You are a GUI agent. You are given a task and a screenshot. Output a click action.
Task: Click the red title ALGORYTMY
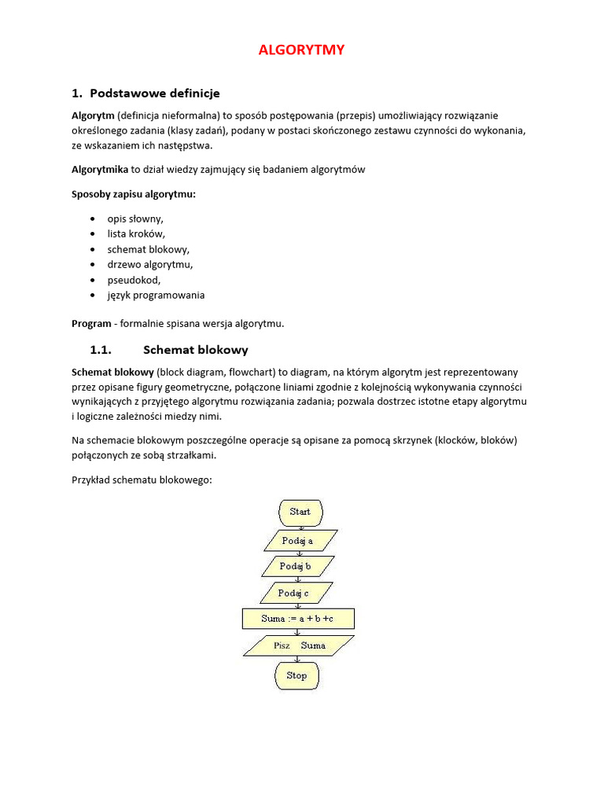[302, 50]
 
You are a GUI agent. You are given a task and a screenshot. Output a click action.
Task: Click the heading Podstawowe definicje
[155, 94]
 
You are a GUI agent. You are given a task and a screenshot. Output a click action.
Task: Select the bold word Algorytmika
[100, 169]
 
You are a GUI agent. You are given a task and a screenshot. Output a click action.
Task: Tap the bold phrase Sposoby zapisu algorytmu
[134, 194]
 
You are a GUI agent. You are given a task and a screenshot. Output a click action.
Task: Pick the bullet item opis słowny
[135, 219]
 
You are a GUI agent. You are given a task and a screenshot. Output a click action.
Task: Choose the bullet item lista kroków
[136, 234]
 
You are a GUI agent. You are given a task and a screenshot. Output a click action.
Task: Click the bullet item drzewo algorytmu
[149, 265]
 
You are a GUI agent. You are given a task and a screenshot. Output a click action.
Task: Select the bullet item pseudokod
[134, 280]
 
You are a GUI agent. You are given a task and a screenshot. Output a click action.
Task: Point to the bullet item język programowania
[156, 296]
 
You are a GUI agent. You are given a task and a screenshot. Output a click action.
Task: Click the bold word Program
[91, 323]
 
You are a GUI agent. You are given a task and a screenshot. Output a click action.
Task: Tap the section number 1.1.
[102, 350]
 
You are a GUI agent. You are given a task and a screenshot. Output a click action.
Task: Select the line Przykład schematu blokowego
[142, 480]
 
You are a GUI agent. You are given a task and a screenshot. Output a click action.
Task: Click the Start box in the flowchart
[300, 512]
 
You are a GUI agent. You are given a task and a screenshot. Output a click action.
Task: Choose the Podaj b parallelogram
[296, 566]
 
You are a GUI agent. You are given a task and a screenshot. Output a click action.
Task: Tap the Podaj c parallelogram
[293, 594]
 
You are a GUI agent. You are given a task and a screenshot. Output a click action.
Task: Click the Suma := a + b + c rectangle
[298, 619]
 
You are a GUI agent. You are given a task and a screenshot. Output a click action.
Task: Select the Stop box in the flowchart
[296, 675]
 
